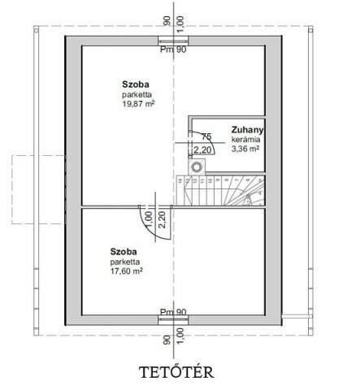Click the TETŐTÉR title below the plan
176,372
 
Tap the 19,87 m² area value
138,104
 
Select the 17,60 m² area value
127,271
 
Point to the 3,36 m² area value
245,149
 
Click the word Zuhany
247,130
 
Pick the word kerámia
245,140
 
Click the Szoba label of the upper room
136,84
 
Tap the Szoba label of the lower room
124,252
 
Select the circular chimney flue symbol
196,167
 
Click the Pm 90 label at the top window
173,50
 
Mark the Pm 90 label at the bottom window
173,312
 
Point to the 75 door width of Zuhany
206,136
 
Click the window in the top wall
173,41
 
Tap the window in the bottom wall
173,320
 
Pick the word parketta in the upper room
137,95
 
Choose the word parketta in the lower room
125,262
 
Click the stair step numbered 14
180,180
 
